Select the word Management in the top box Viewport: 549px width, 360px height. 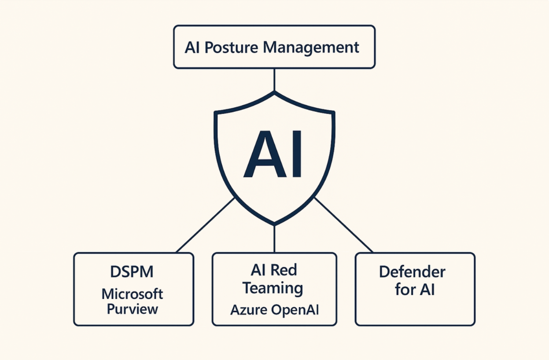pos(311,47)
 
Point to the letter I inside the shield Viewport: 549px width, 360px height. pos(296,154)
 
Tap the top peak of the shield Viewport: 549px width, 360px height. pos(274,93)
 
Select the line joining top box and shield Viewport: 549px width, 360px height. pos(274,80)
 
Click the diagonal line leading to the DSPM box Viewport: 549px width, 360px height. pos(205,225)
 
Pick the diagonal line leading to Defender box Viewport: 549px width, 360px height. pos(344,225)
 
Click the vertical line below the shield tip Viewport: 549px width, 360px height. pos(274,239)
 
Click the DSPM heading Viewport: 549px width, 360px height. pos(132,272)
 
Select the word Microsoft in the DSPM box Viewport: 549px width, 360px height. pos(133,294)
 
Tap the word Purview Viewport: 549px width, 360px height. pos(133,309)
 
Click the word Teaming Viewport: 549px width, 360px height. pos(273,288)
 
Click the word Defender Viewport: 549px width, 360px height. pos(412,272)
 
